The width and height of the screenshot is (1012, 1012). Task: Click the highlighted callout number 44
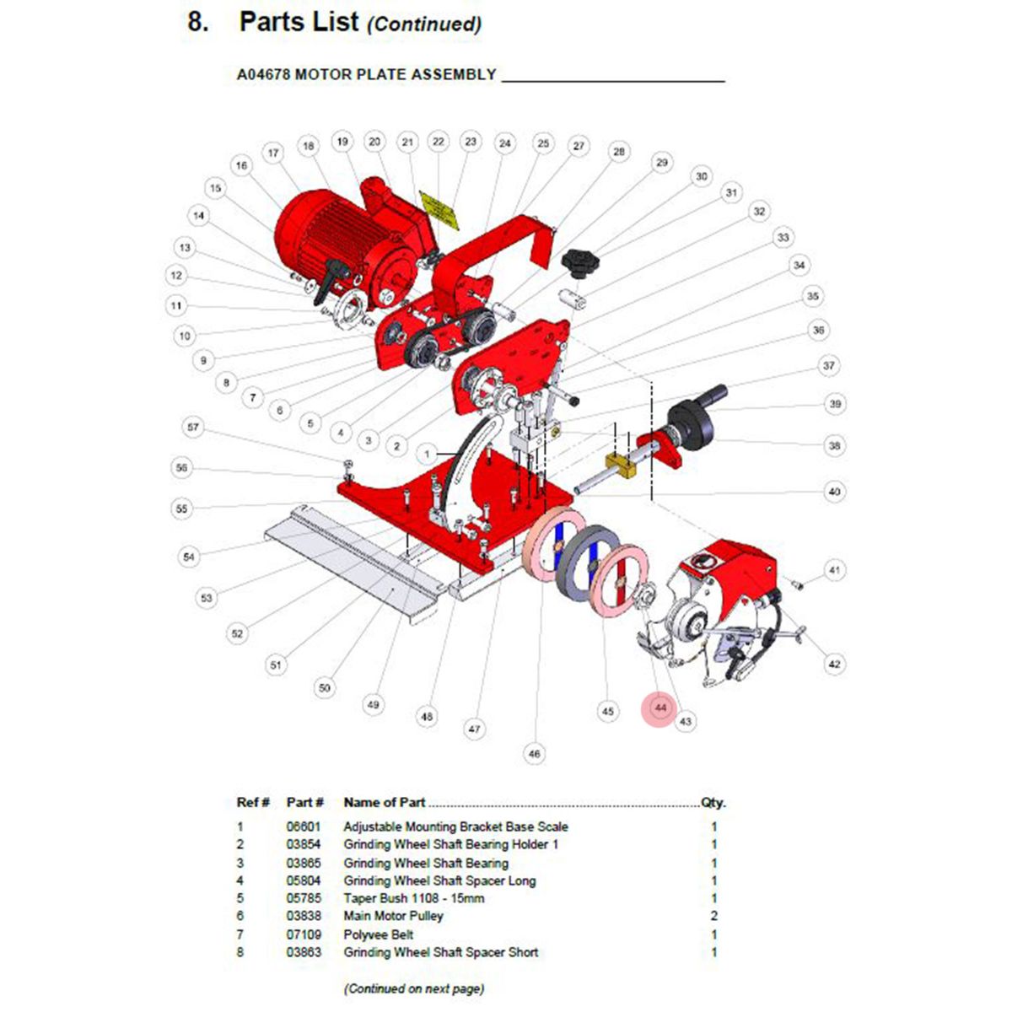(660, 708)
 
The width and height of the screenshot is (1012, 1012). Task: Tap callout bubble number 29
(661, 163)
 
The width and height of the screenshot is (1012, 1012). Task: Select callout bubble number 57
(194, 428)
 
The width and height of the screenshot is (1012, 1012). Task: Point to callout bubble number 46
(534, 753)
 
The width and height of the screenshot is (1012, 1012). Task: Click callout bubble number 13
(185, 248)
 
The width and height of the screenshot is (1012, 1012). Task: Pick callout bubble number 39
(835, 404)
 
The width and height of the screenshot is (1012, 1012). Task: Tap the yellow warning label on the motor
(439, 211)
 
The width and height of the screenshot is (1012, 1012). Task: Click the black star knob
(579, 262)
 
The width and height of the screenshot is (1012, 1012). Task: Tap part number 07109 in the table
(304, 934)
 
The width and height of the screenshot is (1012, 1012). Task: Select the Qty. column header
(713, 803)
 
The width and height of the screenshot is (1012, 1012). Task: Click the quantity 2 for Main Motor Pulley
(714, 916)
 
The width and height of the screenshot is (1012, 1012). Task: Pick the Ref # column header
(253, 803)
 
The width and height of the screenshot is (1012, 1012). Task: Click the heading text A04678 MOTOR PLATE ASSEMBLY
(366, 75)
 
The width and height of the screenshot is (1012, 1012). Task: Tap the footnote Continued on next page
(413, 988)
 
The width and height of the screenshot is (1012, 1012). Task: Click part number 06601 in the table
(304, 827)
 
